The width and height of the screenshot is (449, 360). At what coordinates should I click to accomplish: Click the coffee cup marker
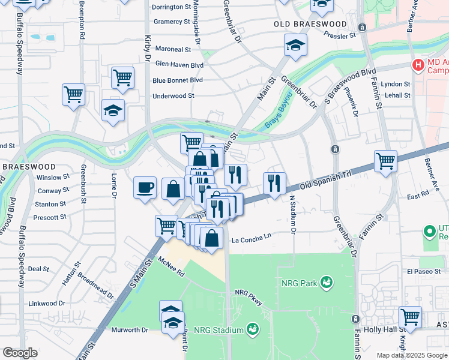coord(145,187)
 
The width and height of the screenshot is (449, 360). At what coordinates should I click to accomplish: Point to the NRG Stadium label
coord(221,329)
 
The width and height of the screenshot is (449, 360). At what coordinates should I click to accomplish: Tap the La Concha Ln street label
coord(252,236)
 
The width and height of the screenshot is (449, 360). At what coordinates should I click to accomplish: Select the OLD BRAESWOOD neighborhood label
coord(310,24)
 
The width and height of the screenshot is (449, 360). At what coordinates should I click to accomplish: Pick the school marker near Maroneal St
coord(295,45)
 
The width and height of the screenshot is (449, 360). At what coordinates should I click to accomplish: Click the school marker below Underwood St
coord(113,110)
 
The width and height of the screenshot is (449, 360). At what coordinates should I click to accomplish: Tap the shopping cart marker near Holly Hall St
coord(410,317)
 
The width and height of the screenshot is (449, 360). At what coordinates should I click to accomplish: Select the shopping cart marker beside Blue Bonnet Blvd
coord(122,77)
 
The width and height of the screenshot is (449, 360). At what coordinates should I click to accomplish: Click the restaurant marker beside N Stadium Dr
coord(274,183)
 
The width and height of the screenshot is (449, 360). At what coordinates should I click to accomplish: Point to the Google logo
coord(20,353)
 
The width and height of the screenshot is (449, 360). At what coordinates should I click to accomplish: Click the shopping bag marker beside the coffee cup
coord(173,189)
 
